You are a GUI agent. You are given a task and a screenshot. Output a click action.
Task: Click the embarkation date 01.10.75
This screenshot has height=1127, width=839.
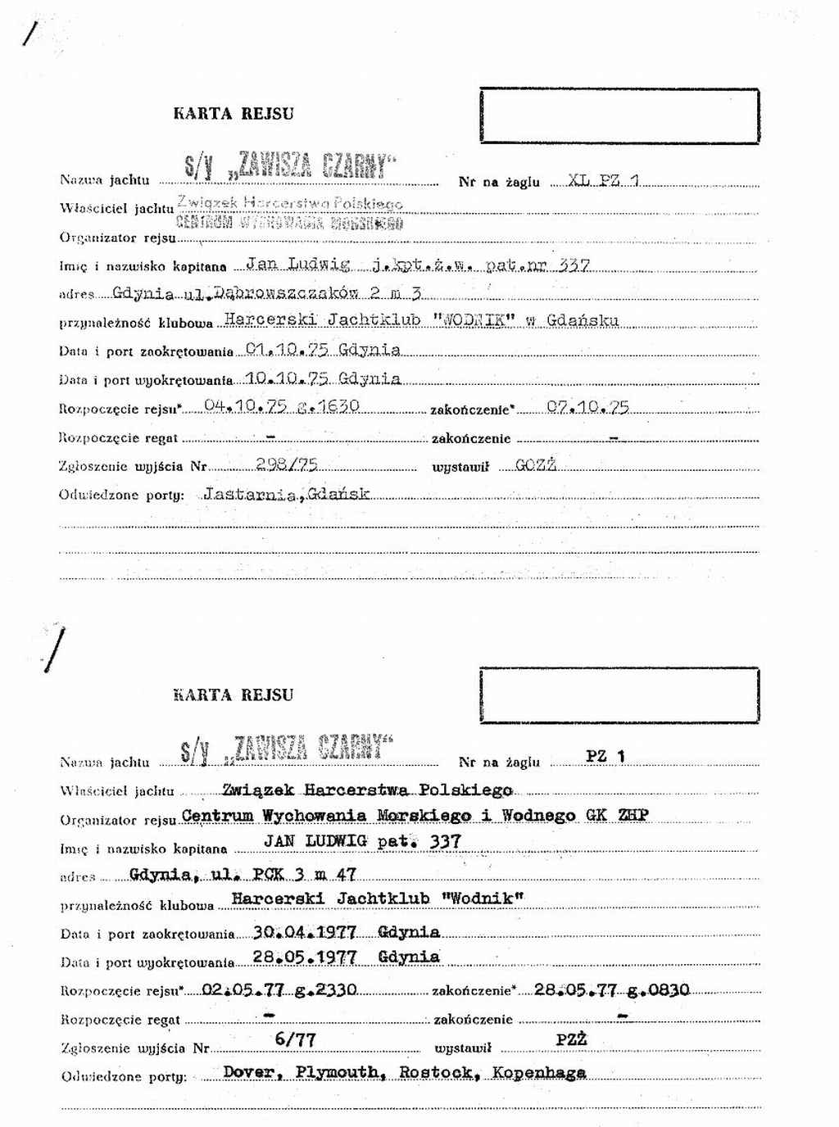click(288, 350)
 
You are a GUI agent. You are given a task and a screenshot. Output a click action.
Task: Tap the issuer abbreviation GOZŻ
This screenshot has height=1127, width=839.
click(536, 465)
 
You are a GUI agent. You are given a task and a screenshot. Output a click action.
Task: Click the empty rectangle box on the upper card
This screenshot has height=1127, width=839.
click(619, 115)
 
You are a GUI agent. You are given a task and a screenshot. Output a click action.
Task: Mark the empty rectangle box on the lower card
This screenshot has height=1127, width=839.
click(619, 695)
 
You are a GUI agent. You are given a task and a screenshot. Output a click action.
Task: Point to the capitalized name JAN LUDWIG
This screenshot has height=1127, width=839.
click(315, 841)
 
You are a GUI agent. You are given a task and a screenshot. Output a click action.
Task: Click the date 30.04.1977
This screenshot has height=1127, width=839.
click(305, 932)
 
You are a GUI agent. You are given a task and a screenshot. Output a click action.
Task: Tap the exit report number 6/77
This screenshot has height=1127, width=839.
click(296, 1039)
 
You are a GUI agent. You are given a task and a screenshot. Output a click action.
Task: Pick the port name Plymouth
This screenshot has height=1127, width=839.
click(338, 1072)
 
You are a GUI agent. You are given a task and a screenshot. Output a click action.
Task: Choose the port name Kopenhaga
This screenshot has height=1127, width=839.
click(539, 1072)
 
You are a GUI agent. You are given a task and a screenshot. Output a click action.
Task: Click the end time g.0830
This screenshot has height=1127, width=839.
click(659, 989)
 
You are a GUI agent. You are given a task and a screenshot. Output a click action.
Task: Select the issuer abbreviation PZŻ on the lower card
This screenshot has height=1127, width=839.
click(571, 1039)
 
